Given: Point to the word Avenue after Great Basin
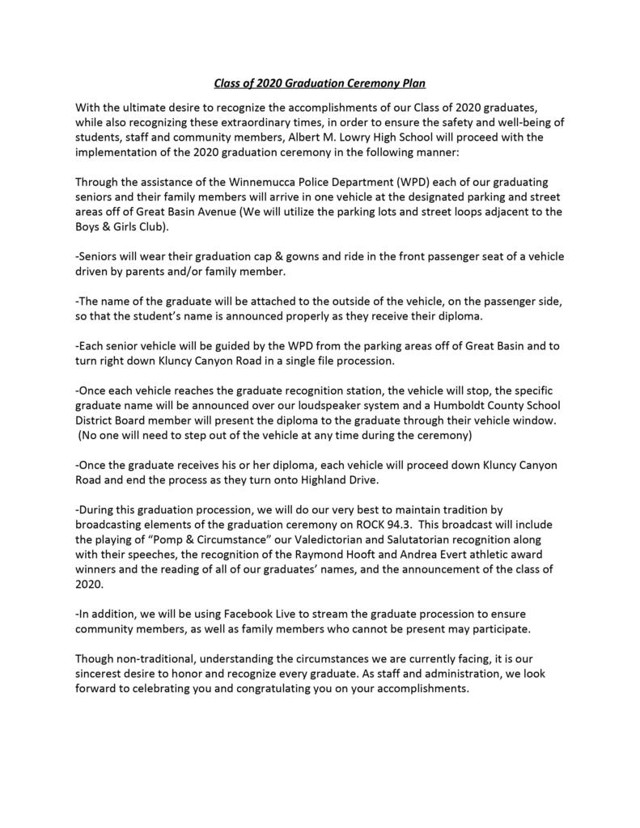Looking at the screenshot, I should [242, 213].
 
